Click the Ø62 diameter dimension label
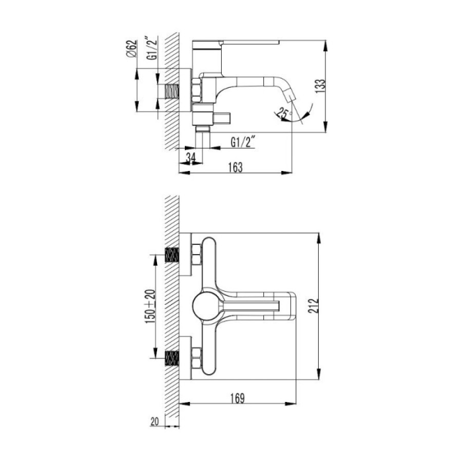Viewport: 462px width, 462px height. pyautogui.click(x=132, y=49)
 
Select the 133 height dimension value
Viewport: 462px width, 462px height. pyautogui.click(x=320, y=86)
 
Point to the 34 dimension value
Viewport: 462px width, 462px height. pyautogui.click(x=190, y=158)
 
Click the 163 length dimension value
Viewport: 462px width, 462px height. pyautogui.click(x=236, y=167)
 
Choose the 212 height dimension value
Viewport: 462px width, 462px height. pyautogui.click(x=314, y=306)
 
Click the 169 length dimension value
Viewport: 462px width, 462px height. pyautogui.click(x=238, y=398)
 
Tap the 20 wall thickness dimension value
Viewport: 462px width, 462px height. pyautogui.click(x=155, y=421)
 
